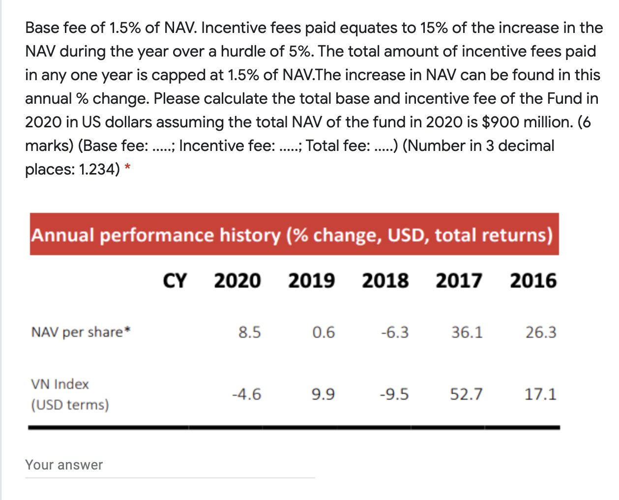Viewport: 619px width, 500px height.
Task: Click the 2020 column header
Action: coord(237,281)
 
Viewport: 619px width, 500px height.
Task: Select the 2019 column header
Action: coord(312,281)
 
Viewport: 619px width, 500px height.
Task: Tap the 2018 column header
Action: coord(385,281)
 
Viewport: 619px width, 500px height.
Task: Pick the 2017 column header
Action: coord(459,281)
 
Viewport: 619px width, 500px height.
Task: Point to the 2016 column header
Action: coord(533,281)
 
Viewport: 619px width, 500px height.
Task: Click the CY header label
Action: coord(175,281)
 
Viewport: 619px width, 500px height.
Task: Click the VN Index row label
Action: coord(60,384)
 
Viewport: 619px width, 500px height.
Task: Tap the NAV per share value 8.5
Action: coord(250,333)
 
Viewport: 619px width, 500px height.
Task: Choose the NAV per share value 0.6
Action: coord(324,333)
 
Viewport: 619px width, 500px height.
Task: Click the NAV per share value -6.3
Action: coord(394,333)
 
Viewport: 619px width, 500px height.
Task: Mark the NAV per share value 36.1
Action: coord(467,333)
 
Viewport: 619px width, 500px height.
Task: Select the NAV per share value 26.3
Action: coord(541,333)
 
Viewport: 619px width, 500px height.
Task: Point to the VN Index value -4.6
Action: coord(246,394)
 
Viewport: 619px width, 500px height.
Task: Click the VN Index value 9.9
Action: coord(323,394)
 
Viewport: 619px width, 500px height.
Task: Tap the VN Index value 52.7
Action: coord(467,394)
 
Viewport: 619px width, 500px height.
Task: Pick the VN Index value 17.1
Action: coord(540,394)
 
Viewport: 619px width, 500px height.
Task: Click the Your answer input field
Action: coord(170,465)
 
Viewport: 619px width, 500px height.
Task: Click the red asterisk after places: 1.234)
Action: coord(127,168)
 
